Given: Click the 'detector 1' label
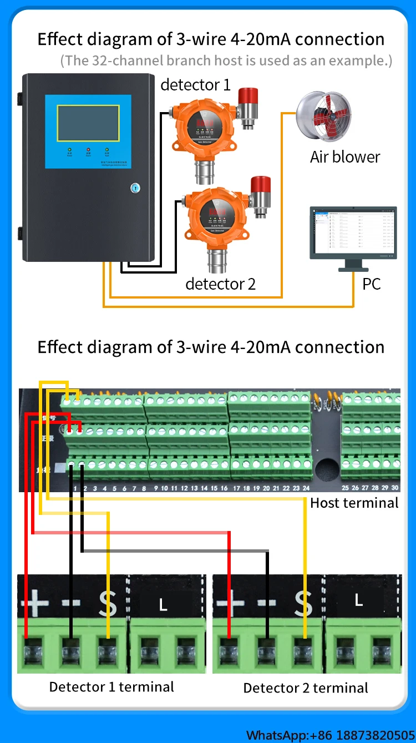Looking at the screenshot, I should point(195,85).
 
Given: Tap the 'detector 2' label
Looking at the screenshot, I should point(220,284).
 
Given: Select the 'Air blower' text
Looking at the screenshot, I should point(345,157).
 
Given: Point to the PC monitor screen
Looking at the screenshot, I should point(353,232).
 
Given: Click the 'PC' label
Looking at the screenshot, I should point(372,284).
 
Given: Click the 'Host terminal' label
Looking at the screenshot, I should point(354,503).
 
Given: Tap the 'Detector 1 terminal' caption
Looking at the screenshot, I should point(111,687).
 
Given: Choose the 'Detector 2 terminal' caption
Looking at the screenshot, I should point(306,689).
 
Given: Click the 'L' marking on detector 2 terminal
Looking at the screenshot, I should point(358,600).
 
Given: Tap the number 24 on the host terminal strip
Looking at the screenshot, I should point(306,488).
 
